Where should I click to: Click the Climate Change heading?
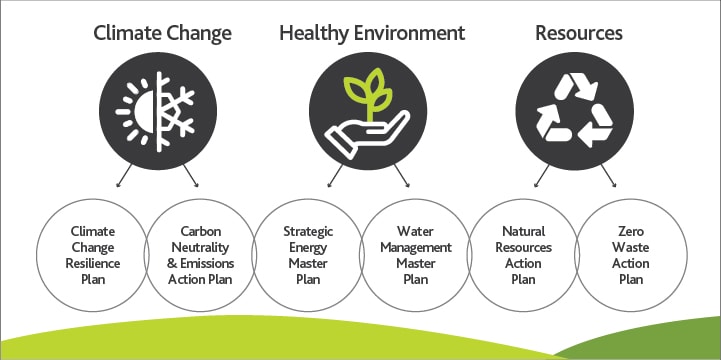click(x=162, y=33)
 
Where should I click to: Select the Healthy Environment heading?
click(x=372, y=33)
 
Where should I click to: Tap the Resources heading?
click(x=578, y=33)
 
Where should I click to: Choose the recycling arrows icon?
click(x=578, y=109)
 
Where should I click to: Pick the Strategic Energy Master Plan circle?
click(x=308, y=256)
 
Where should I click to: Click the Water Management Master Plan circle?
click(x=415, y=256)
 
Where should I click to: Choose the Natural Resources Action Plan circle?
click(x=521, y=256)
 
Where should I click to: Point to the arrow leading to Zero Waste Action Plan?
click(x=609, y=177)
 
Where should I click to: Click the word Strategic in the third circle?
click(x=308, y=233)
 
